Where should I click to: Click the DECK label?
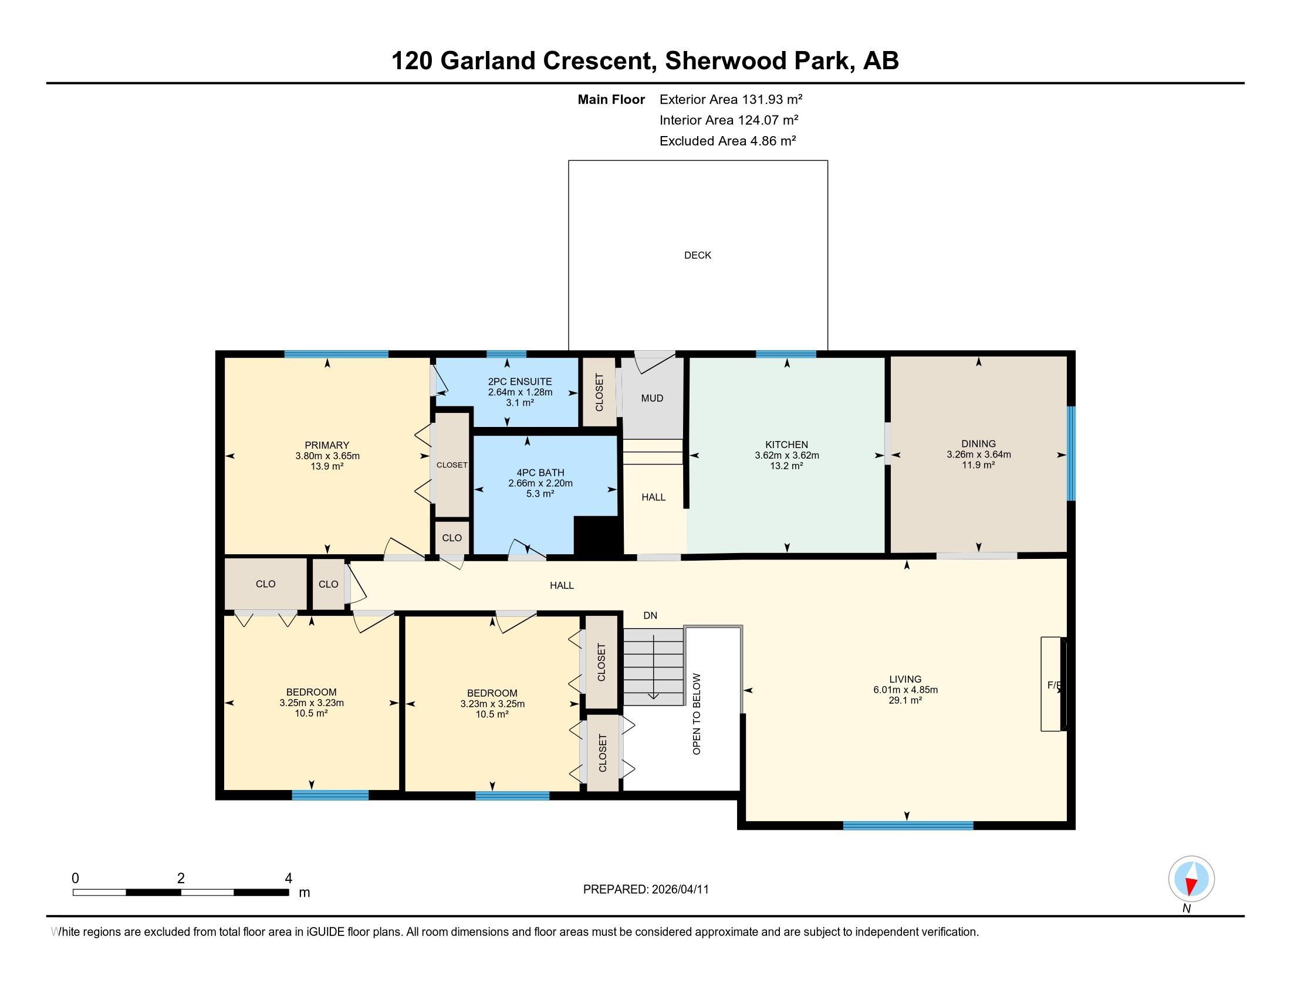[698, 255]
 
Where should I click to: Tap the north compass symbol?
[1191, 879]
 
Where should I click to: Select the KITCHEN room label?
[787, 445]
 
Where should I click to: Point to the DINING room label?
[978, 443]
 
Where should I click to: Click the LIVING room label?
[905, 679]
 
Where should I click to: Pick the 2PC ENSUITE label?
[520, 382]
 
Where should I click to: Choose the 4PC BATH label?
[540, 473]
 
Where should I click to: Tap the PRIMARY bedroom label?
[327, 445]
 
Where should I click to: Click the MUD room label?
[652, 398]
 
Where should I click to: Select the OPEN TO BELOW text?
[697, 714]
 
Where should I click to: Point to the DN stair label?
[650, 615]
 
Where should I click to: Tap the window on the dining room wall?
[1071, 453]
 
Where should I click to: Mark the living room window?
[908, 826]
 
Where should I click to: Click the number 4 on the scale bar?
[289, 879]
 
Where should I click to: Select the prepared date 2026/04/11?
[680, 890]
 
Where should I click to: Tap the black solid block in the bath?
[598, 535]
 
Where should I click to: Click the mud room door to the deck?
[655, 361]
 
